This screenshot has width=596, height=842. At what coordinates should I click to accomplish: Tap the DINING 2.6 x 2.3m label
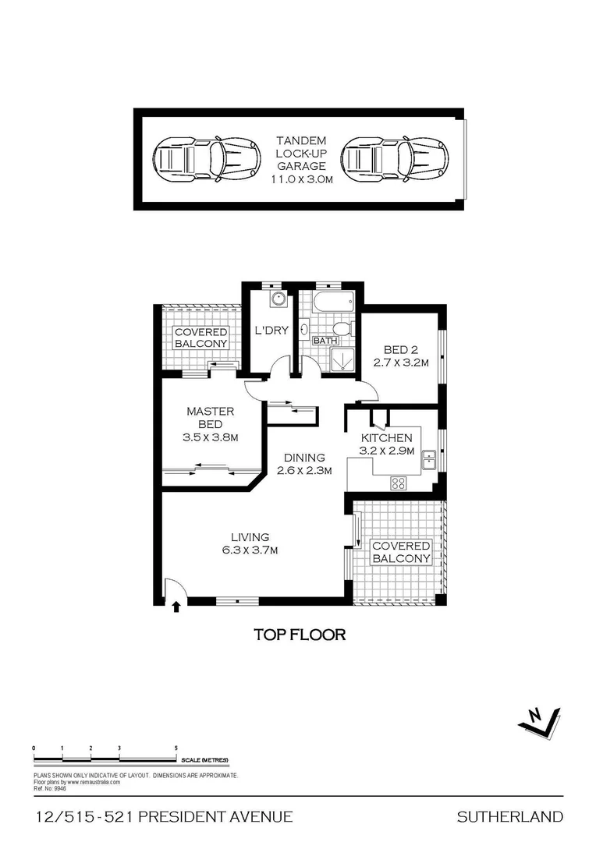click(x=305, y=464)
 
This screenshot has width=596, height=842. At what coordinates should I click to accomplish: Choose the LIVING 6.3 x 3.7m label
click(x=250, y=543)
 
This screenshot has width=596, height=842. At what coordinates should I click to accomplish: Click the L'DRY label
click(x=271, y=331)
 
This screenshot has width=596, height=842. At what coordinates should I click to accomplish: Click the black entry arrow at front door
click(x=176, y=604)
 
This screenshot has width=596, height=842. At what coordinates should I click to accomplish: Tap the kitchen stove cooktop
click(x=399, y=483)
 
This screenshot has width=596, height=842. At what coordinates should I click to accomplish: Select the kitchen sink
click(x=428, y=460)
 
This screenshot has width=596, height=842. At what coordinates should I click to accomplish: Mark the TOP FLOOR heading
click(x=300, y=634)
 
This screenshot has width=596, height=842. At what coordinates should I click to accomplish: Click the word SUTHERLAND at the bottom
click(x=509, y=817)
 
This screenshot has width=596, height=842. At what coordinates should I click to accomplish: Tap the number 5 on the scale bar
click(x=176, y=748)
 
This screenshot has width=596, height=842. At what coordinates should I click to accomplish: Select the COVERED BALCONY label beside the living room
click(x=401, y=552)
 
